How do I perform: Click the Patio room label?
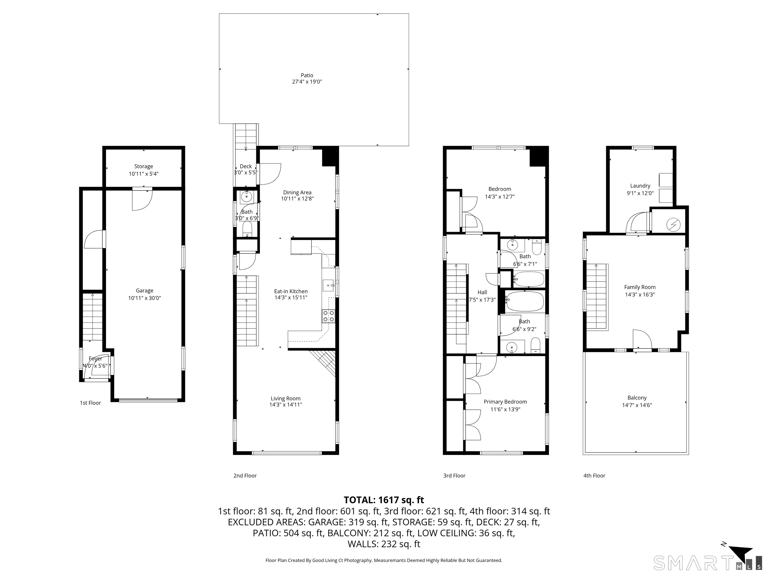(307, 75)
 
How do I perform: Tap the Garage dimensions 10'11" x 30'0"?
(144, 298)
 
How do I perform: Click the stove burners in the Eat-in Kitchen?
(328, 316)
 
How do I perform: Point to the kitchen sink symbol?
(328, 285)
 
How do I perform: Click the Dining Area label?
(297, 192)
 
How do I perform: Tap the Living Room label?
(286, 398)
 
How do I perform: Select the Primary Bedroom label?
(505, 402)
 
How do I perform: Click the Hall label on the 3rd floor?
(482, 292)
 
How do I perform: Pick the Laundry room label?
(640, 186)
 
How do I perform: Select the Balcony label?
(637, 398)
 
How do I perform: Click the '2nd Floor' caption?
(245, 476)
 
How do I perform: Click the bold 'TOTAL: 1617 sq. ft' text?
(384, 500)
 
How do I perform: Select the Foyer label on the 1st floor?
(95, 359)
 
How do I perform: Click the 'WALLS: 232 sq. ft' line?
(384, 544)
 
